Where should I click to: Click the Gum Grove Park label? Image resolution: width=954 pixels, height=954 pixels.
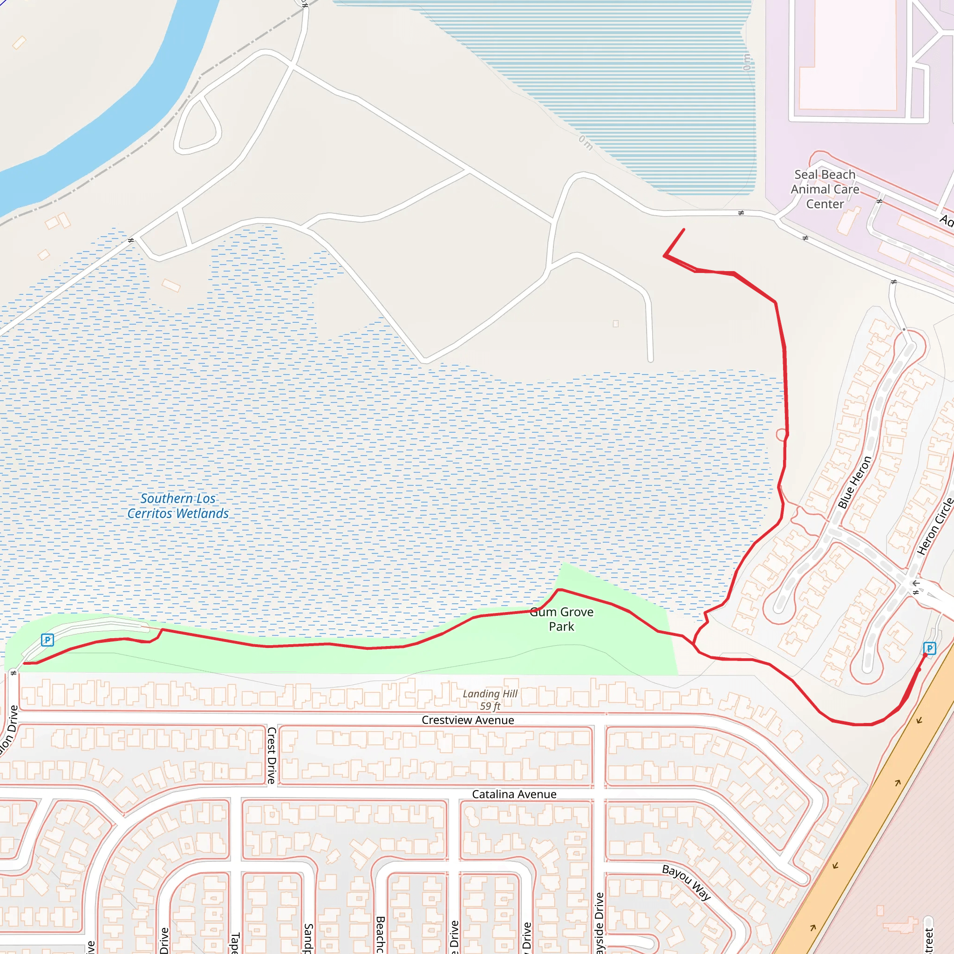[561, 619]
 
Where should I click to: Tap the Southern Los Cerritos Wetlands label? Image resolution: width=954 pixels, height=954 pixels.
[178, 505]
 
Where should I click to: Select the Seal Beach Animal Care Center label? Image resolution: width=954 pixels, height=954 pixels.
[825, 189]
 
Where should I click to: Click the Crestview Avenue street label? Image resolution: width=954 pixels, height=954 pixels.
[468, 720]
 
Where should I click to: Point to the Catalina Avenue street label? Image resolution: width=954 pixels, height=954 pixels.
[514, 794]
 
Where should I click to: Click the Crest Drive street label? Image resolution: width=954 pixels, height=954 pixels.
[272, 755]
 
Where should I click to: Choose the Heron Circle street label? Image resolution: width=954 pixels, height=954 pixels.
[934, 526]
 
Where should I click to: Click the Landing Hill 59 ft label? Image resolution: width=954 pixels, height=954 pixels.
[490, 700]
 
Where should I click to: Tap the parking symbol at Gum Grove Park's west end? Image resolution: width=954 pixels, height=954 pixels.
[48, 640]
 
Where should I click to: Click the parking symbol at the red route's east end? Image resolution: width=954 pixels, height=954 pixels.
[929, 648]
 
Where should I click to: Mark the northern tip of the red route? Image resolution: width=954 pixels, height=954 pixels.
[684, 229]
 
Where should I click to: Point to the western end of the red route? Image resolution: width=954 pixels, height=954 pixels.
[24, 663]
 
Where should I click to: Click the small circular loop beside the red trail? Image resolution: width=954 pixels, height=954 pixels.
[781, 435]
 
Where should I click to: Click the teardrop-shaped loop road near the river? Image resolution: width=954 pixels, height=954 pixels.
[198, 126]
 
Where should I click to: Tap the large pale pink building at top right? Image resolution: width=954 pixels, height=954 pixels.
[847, 55]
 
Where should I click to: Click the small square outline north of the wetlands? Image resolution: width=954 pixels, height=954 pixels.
[616, 324]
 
